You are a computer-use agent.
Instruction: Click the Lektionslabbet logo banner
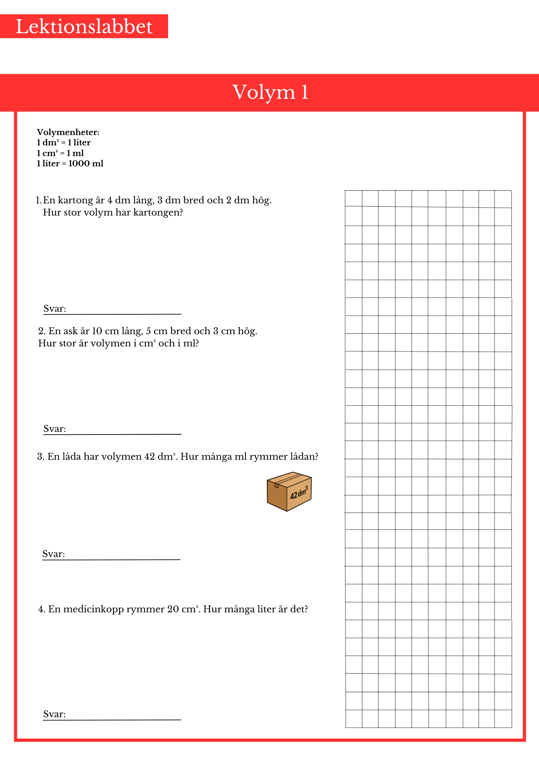tap(84, 26)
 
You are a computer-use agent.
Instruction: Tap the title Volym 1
tap(270, 92)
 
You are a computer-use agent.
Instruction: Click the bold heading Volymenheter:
tap(68, 132)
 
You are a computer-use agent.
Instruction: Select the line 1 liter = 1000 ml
tap(70, 164)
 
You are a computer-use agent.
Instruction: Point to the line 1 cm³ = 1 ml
tap(60, 153)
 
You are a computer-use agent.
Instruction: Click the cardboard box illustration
tap(289, 491)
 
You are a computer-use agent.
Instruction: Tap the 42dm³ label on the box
tap(299, 493)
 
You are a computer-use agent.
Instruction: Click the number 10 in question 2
tap(97, 331)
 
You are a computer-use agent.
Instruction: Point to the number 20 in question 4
tap(173, 609)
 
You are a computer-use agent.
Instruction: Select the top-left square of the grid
tap(353, 198)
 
